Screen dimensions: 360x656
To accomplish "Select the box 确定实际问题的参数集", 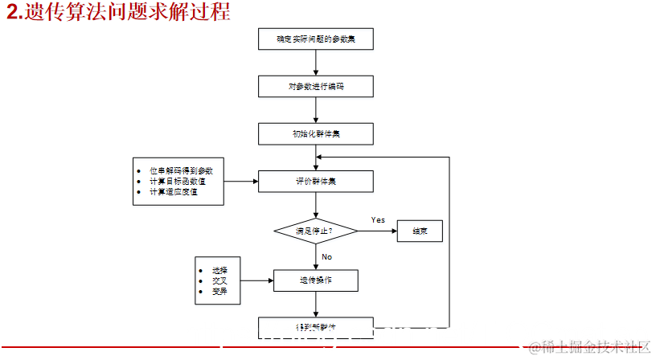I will tap(316, 38).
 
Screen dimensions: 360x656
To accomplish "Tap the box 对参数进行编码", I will tap(316, 86).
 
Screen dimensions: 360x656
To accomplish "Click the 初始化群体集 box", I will tap(316, 133).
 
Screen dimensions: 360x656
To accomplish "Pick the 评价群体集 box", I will tap(316, 182).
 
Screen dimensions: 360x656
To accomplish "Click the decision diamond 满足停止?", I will tap(316, 231).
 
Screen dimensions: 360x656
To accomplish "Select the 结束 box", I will tap(420, 231).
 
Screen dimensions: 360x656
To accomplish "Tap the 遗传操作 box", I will tap(316, 280).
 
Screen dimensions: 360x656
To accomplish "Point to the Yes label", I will tap(378, 220).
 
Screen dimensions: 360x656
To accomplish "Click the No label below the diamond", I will tap(326, 257).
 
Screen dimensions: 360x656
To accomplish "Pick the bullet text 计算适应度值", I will tap(173, 192).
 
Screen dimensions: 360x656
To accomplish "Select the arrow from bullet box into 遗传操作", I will tap(257, 280).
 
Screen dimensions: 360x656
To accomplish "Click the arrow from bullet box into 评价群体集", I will tap(241, 182).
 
